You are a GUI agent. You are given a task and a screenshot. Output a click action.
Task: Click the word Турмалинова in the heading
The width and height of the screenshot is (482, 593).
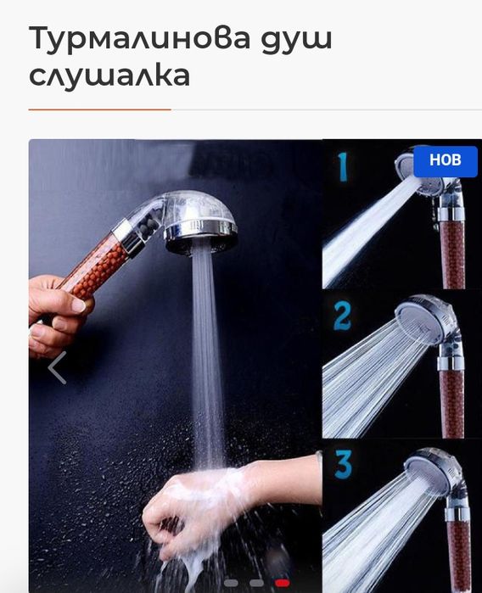(x=137, y=38)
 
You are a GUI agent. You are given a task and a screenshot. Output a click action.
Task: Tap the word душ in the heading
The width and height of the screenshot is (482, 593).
(x=292, y=38)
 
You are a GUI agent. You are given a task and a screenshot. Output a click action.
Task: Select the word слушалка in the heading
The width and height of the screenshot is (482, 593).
(x=109, y=76)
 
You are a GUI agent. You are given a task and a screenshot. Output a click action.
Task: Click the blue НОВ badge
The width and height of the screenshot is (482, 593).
(x=446, y=159)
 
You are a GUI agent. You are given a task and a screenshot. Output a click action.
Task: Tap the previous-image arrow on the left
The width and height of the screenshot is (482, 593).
(x=57, y=367)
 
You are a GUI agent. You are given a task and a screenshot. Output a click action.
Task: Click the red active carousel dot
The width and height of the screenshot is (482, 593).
(x=283, y=583)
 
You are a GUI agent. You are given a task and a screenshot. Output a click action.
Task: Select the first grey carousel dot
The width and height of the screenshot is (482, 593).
(x=230, y=583)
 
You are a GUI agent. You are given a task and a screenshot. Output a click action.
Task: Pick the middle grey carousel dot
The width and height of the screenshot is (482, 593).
(x=256, y=583)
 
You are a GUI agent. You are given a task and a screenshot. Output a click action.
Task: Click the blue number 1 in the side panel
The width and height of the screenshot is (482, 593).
(x=343, y=167)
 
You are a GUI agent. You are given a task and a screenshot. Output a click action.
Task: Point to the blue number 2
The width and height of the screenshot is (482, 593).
(x=342, y=315)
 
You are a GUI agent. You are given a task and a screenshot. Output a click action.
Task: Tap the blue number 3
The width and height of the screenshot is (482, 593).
(x=343, y=464)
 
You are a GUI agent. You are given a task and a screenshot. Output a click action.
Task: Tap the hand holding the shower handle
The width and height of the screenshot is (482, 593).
(x=56, y=314)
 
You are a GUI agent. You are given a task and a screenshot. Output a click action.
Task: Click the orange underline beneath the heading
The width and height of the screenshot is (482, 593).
(x=99, y=109)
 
